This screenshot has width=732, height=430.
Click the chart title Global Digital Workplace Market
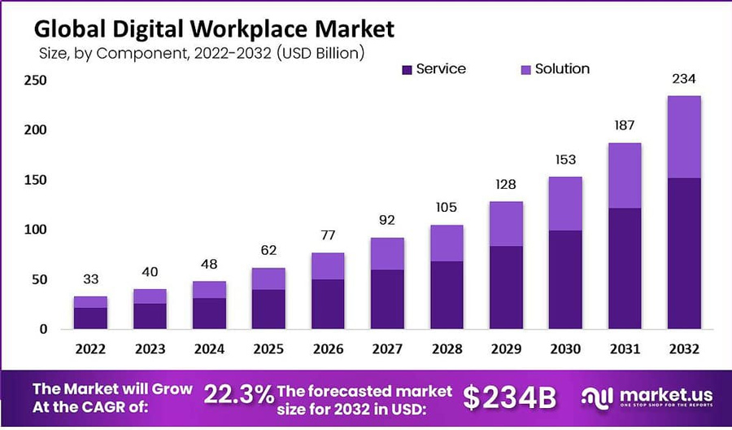tap(213, 30)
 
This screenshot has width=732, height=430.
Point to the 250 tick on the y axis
tap(35, 81)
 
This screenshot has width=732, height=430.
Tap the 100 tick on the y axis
tap(35, 230)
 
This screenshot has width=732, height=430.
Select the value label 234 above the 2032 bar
tap(684, 79)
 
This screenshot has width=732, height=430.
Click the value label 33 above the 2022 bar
tap(90, 280)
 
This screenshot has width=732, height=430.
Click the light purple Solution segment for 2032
tap(684, 137)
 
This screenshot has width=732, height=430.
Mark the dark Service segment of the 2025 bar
tap(268, 309)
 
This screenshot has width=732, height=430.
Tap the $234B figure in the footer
tap(510, 397)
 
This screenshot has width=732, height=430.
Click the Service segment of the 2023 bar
tap(150, 316)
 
